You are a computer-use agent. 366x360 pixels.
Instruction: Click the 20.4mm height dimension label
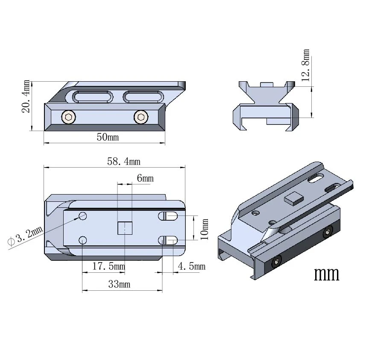tap(26, 96)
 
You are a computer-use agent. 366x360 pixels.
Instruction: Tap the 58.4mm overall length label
tap(123, 161)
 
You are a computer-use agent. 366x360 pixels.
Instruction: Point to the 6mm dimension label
tap(145, 178)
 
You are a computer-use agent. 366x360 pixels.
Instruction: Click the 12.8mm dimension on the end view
tap(306, 65)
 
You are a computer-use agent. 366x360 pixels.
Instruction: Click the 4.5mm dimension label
tap(191, 266)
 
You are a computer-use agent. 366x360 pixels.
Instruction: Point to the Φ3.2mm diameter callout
tap(26, 236)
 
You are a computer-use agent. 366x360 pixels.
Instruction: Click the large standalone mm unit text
tap(327, 274)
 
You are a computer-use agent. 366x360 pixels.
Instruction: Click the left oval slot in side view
tap(93, 97)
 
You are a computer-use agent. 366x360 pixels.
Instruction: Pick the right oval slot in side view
tap(143, 97)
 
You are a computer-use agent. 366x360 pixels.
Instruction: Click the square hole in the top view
tap(124, 228)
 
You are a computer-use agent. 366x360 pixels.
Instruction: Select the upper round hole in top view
tap(83, 216)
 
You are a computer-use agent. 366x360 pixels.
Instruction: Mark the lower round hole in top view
tap(83, 240)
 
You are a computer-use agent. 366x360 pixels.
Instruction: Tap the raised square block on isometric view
tap(293, 198)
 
